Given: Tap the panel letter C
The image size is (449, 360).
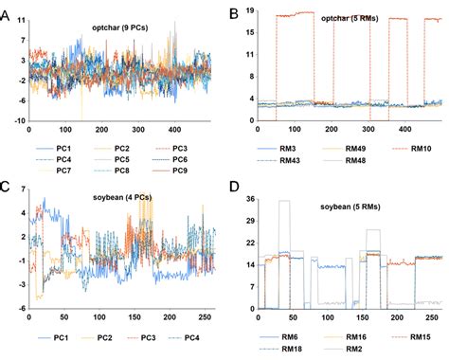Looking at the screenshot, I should (x=7, y=187).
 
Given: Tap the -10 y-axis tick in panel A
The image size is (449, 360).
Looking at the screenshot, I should (x=18, y=121).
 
